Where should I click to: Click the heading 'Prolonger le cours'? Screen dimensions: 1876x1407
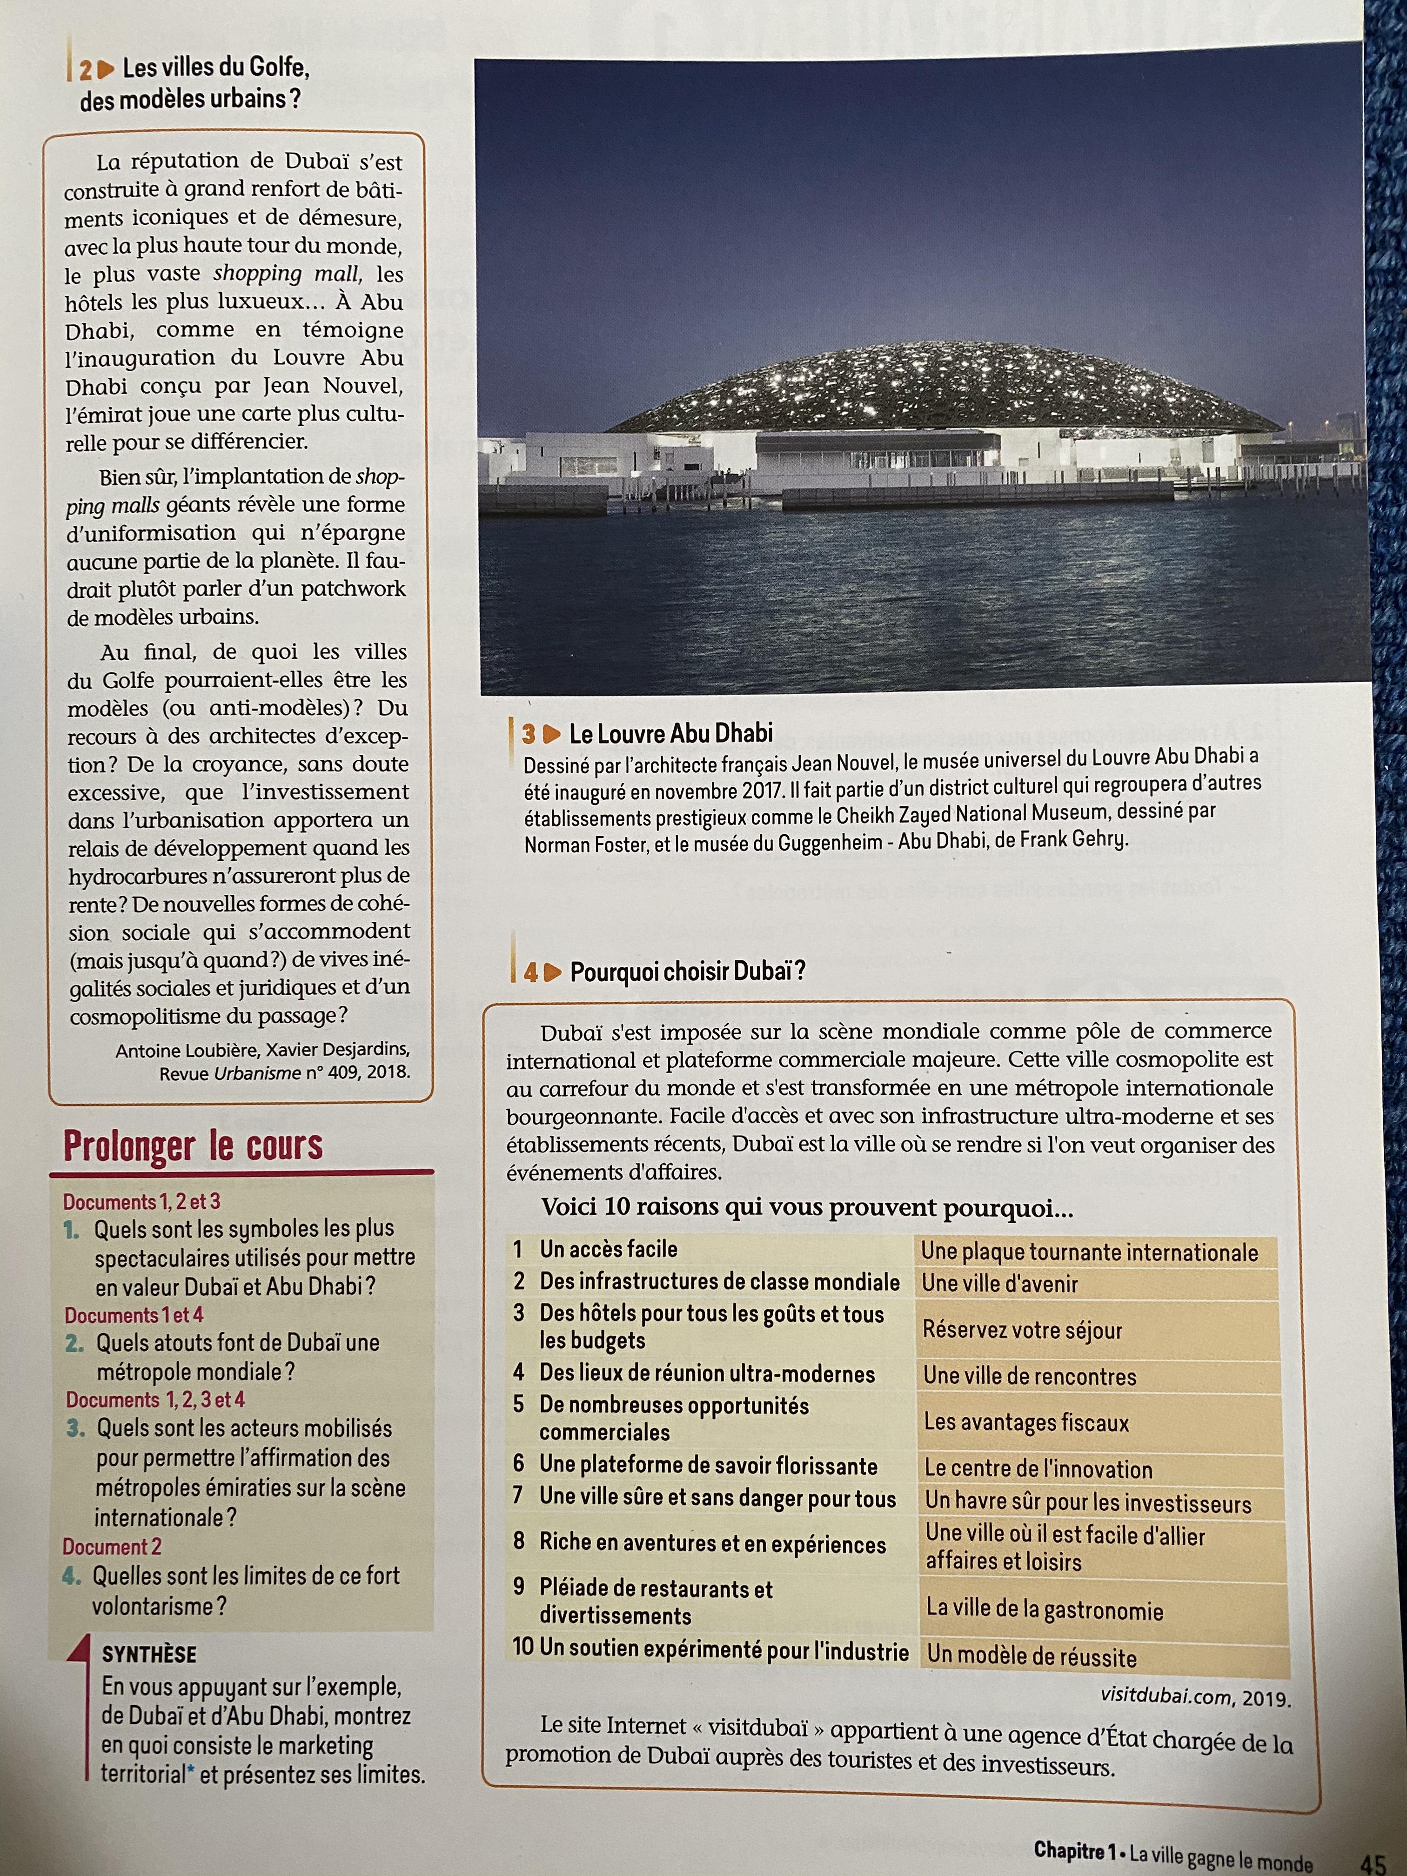pyautogui.click(x=194, y=1146)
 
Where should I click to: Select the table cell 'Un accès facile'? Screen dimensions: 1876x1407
pyautogui.click(x=608, y=1249)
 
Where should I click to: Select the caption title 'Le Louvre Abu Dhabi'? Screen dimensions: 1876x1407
pyautogui.click(x=670, y=735)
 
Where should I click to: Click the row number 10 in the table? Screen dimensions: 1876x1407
pyautogui.click(x=523, y=1648)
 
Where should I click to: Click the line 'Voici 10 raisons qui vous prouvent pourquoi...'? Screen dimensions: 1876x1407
pyautogui.click(x=806, y=1208)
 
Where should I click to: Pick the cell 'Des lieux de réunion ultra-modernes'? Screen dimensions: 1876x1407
pyautogui.click(x=706, y=1373)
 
